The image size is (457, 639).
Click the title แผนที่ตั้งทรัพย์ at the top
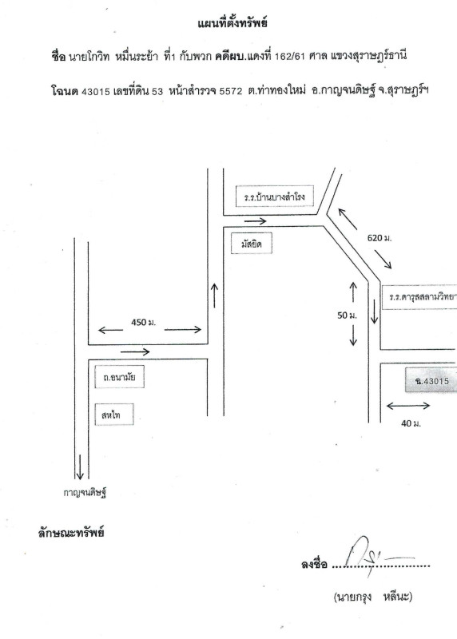[232, 23]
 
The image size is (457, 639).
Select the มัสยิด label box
[251, 244]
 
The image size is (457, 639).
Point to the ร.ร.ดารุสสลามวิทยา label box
[420, 297]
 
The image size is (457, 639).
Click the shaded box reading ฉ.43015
[431, 381]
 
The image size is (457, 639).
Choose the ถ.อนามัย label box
[120, 377]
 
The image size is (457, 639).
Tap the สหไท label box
[114, 415]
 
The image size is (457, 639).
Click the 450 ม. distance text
[144, 323]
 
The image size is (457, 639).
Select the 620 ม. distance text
[380, 238]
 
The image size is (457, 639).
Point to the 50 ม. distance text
[347, 315]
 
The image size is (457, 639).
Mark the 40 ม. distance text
[411, 423]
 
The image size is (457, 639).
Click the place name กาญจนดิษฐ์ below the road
[85, 493]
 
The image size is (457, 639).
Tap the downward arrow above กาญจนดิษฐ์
[80, 466]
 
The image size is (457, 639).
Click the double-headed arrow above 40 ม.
[407, 406]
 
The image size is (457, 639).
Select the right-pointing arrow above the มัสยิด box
[255, 221]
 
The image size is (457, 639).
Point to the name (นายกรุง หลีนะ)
[372, 597]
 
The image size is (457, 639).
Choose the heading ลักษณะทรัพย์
[71, 533]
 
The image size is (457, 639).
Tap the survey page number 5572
[231, 91]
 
